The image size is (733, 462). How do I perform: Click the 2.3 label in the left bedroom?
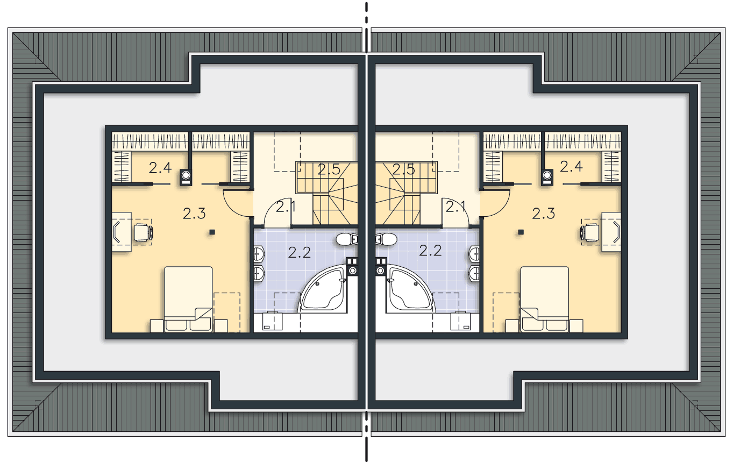point(194,214)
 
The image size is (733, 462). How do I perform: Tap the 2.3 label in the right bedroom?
point(544,214)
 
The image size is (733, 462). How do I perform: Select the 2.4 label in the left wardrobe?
point(160,168)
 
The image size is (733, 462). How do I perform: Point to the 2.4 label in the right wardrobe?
point(571,167)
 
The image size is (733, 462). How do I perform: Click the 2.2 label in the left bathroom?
point(300,253)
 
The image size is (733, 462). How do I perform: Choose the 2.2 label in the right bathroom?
point(430,251)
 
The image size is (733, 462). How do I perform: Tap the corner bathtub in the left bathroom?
point(322,289)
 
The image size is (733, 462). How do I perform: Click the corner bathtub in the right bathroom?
point(411,289)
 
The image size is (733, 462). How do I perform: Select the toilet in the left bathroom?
point(347,239)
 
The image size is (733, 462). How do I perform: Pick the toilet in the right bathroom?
point(386,239)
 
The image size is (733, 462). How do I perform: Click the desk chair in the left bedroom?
point(144,232)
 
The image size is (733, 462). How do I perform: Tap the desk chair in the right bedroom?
point(589,232)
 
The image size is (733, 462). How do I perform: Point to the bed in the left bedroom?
point(188,299)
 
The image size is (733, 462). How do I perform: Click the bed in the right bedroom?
point(545,299)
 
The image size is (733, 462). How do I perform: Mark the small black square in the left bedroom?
point(212,232)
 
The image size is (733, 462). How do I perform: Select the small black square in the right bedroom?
point(521,232)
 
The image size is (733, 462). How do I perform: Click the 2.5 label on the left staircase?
point(329,169)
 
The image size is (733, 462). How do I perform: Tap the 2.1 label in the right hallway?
point(456,207)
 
